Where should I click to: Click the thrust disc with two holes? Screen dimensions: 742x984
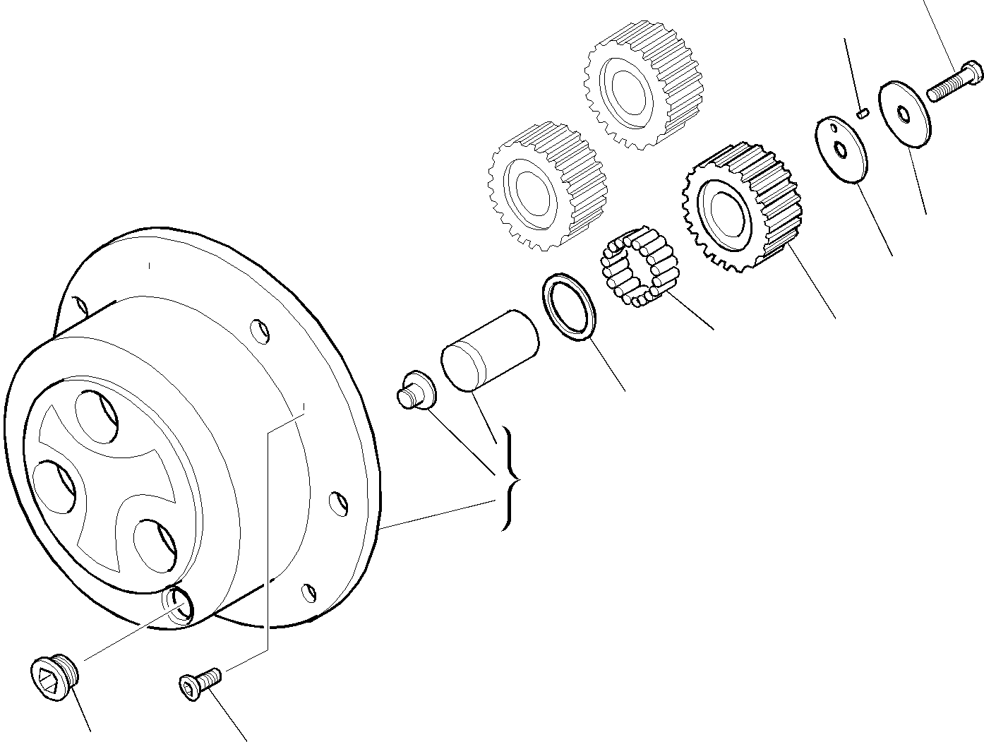(x=843, y=150)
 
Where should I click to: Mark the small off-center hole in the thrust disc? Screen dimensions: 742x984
(x=834, y=130)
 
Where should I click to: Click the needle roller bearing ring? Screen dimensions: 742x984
(x=638, y=268)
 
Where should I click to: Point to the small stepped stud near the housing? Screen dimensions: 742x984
(x=416, y=390)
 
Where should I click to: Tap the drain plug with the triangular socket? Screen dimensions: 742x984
(x=55, y=678)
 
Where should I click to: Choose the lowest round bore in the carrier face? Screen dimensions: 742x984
(x=154, y=544)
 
